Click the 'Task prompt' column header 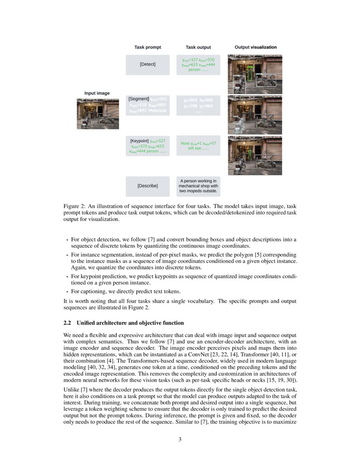pyautogui.click(x=147, y=47)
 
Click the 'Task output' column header pyautogui.click(x=198, y=47)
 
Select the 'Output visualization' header pyautogui.click(x=255, y=47)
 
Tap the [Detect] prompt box pyautogui.click(x=147, y=64)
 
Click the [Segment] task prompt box pyautogui.click(x=147, y=105)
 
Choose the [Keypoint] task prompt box pyautogui.click(x=147, y=146)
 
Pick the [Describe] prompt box pyautogui.click(x=147, y=186)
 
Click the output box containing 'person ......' pyautogui.click(x=198, y=65)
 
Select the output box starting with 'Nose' pyautogui.click(x=198, y=146)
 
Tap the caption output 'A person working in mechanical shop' pyautogui.click(x=198, y=186)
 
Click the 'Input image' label pyautogui.click(x=97, y=93)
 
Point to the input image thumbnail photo pyautogui.click(x=97, y=114)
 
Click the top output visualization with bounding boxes pyautogui.click(x=255, y=74)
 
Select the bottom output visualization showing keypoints pyautogui.click(x=255, y=155)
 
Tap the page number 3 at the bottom pyautogui.click(x=180, y=439)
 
